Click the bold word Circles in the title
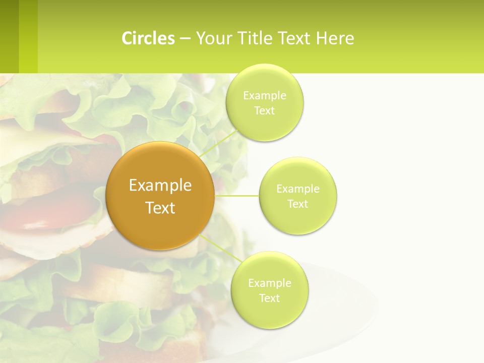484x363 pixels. point(148,38)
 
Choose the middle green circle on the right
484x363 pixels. point(298,219)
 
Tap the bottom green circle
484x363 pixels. point(269,313)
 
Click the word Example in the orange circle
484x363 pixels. point(160,186)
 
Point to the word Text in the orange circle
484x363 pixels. point(160,208)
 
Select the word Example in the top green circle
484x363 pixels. point(264,96)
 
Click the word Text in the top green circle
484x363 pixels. point(264,111)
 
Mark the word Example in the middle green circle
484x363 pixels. point(298,189)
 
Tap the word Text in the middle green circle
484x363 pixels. point(298,204)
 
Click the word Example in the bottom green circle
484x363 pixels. point(269,283)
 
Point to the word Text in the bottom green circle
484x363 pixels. point(269,298)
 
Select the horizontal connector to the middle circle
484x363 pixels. point(237,196)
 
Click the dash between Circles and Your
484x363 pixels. point(185,38)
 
